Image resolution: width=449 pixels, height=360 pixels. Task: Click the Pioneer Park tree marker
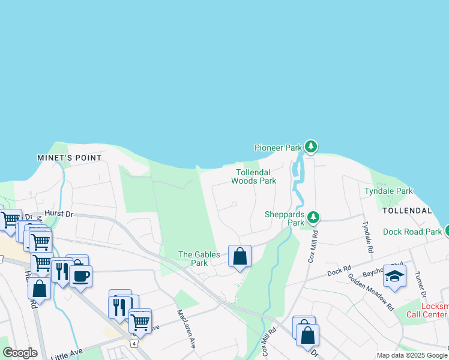click(x=310, y=146)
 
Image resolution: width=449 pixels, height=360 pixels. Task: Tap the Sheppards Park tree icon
click(x=313, y=217)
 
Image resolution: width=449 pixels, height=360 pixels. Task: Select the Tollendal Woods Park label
click(x=253, y=176)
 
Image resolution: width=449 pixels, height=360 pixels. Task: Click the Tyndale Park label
click(x=388, y=191)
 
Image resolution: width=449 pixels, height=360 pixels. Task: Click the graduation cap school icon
click(x=394, y=275)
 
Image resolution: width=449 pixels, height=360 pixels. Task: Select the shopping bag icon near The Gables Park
click(x=240, y=256)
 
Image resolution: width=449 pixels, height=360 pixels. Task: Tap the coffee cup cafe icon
click(x=80, y=275)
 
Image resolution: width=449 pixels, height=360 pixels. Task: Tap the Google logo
click(x=20, y=353)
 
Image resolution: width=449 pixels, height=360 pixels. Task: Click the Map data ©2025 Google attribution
click(x=411, y=355)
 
